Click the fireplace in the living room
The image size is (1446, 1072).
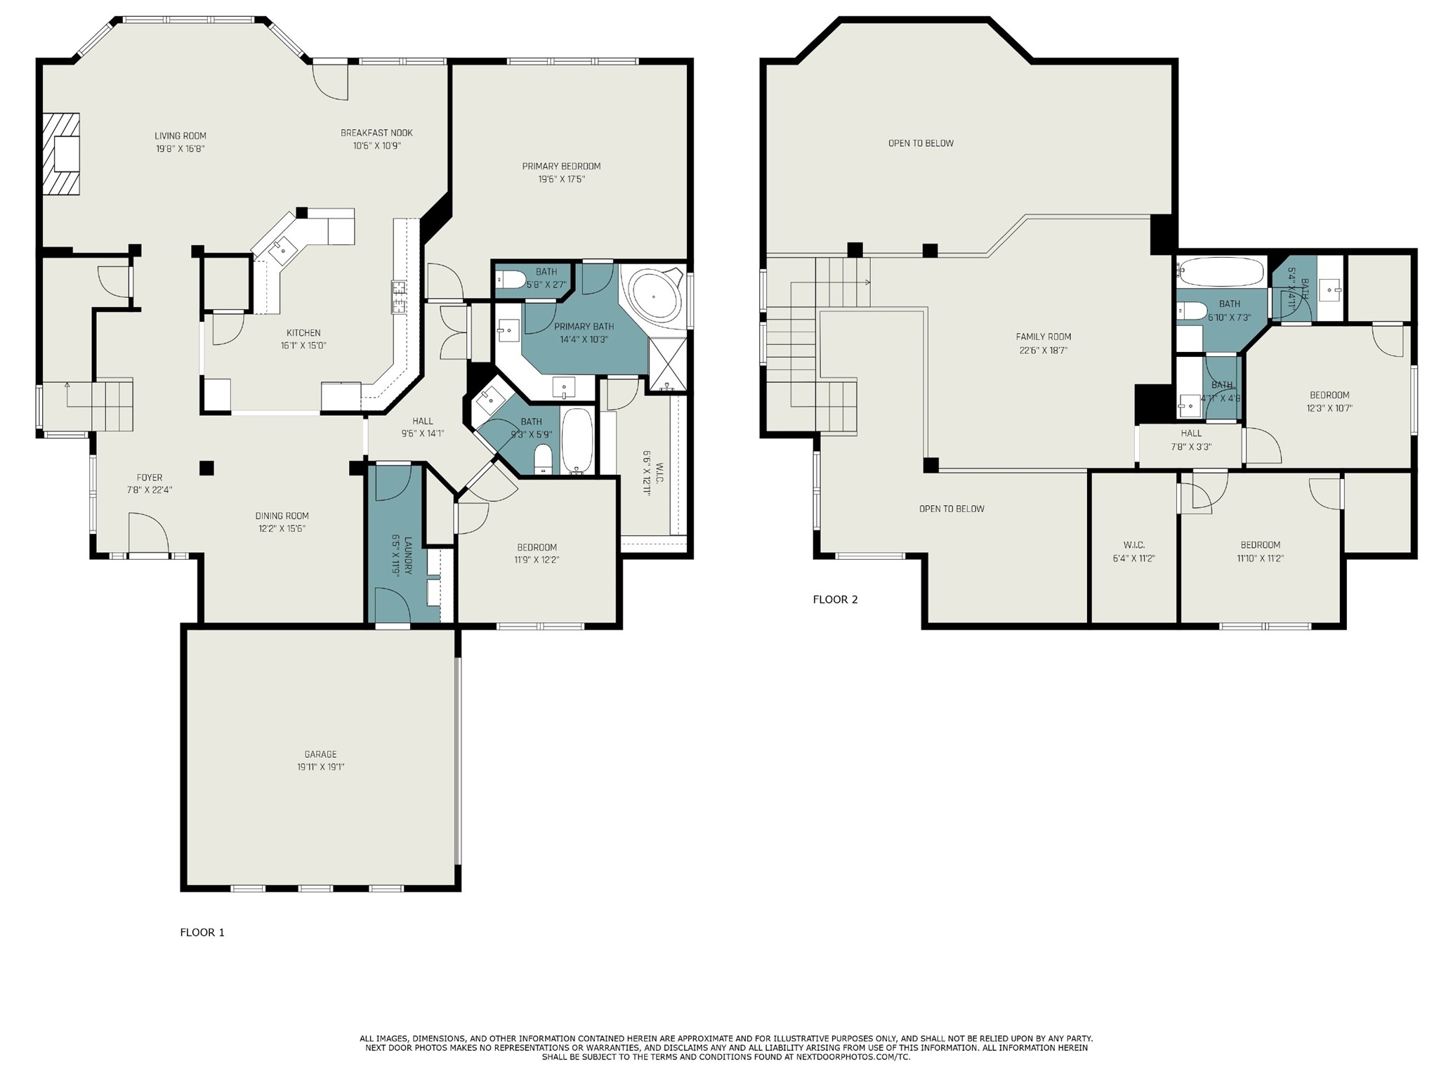point(61,154)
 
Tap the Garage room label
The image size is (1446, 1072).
point(320,754)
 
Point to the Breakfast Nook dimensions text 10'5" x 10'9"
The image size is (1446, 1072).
point(376,146)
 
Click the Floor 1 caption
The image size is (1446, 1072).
point(202,932)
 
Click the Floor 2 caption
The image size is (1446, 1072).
point(835,599)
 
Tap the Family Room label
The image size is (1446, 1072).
point(1043,336)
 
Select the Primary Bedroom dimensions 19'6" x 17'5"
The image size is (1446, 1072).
point(561,179)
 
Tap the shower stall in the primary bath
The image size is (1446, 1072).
point(667,364)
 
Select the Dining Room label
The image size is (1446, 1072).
point(282,516)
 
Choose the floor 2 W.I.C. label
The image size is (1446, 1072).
point(1133,545)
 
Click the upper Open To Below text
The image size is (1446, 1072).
point(921,143)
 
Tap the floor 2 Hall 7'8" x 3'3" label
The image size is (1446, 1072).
point(1191,433)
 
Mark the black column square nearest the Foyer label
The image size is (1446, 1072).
point(206,468)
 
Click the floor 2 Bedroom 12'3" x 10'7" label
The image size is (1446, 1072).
point(1329,395)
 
